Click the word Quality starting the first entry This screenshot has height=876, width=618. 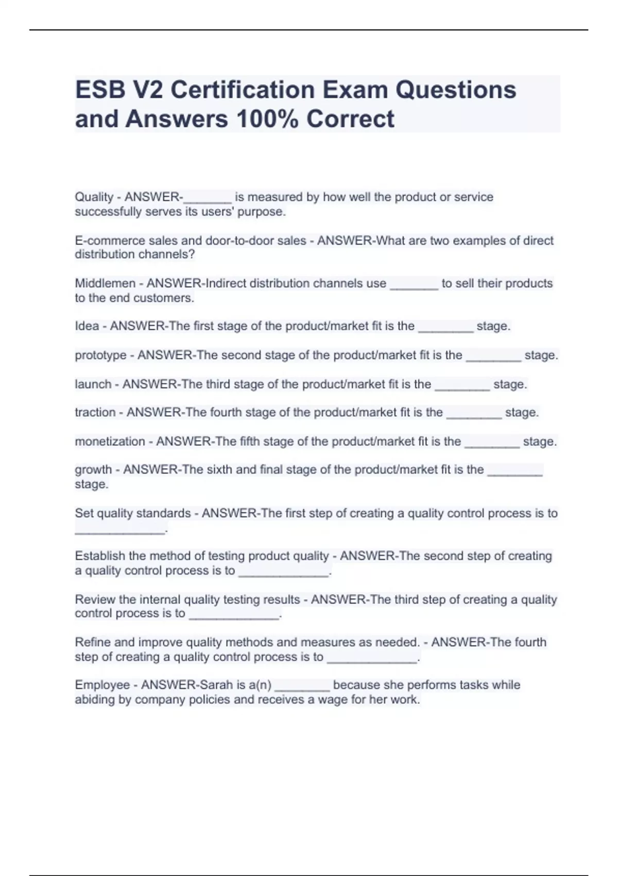[x=94, y=197]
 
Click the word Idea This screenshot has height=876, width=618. [x=87, y=326]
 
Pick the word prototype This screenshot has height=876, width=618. [x=100, y=356]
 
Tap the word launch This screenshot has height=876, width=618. [x=93, y=384]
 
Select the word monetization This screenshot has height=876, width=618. [x=110, y=442]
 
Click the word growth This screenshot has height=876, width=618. [x=93, y=470]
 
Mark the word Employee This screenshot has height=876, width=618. [x=102, y=685]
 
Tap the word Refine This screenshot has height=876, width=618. [x=93, y=642]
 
